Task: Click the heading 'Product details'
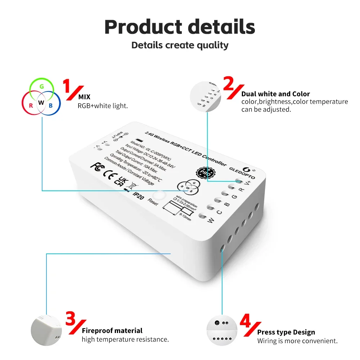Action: click(x=180, y=27)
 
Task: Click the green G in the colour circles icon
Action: click(x=42, y=87)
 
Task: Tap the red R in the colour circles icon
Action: click(x=31, y=105)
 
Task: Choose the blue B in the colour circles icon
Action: click(x=51, y=105)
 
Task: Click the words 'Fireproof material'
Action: click(x=112, y=330)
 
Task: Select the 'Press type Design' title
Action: click(x=286, y=332)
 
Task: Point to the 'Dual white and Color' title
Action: click(x=276, y=94)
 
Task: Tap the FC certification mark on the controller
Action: click(x=95, y=166)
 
